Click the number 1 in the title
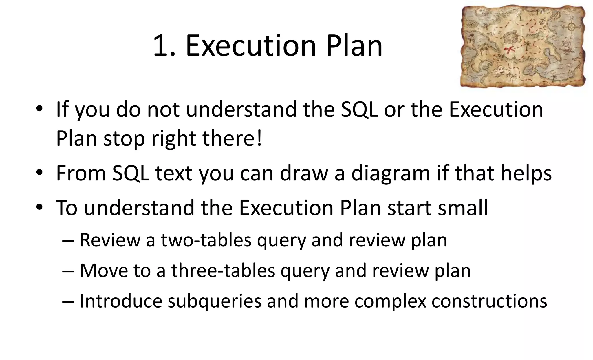pyautogui.click(x=161, y=46)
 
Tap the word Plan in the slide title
pyautogui.click(x=354, y=46)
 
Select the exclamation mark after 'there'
pyautogui.click(x=259, y=138)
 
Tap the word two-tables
pyautogui.click(x=206, y=240)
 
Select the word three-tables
pyautogui.click(x=223, y=271)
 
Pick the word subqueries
pyautogui.click(x=215, y=301)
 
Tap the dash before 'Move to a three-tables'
pyautogui.click(x=68, y=271)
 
